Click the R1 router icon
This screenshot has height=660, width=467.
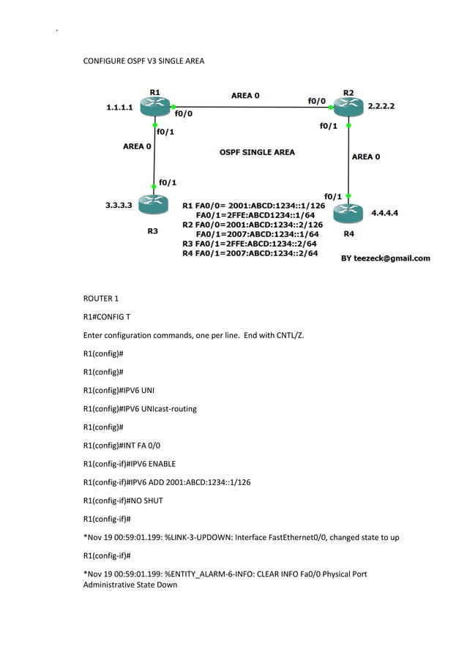[x=155, y=108]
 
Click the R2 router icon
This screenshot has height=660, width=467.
[x=348, y=108]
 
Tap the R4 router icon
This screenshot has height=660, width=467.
[x=348, y=213]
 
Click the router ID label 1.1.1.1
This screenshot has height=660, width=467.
[x=119, y=108]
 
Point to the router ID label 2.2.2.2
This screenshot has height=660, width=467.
[x=381, y=106]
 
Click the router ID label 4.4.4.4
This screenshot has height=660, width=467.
[x=384, y=213]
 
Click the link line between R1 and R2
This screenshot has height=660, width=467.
[x=249, y=108]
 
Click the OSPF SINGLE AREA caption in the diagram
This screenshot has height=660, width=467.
[x=257, y=152]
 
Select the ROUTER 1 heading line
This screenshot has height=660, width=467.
[x=101, y=299]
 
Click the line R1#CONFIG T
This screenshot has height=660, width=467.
[x=107, y=317]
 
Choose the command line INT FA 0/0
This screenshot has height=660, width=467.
[x=122, y=445]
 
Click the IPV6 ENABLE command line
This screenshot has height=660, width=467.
[x=130, y=463]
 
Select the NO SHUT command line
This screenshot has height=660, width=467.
[x=123, y=500]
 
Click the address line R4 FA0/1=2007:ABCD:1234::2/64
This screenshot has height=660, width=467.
[x=250, y=253]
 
